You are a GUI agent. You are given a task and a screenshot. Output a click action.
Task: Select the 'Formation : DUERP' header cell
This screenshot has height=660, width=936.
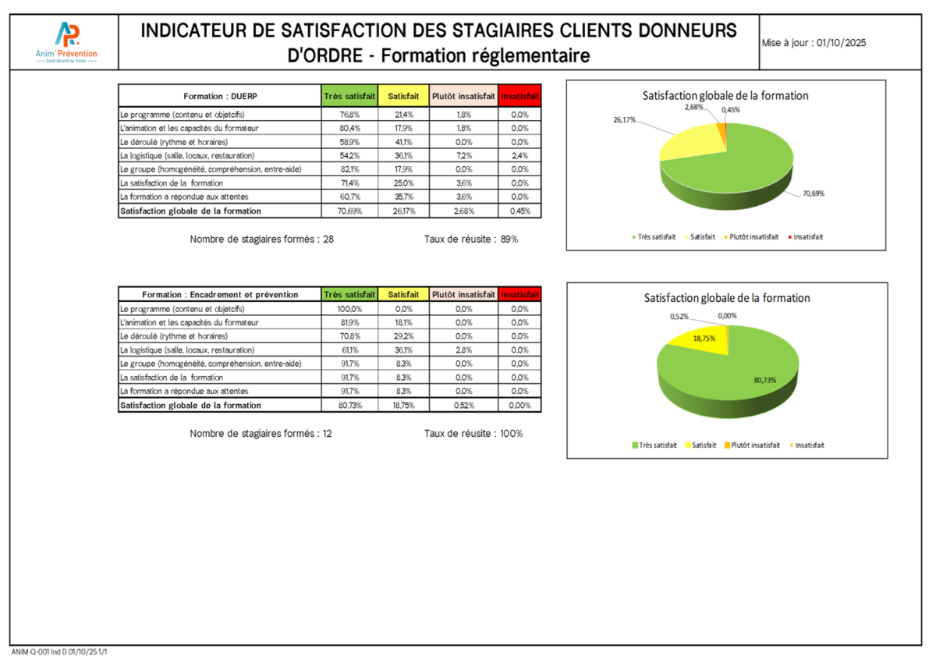pos(219,97)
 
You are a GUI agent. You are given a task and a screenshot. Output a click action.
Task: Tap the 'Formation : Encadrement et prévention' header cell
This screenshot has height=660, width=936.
pos(219,295)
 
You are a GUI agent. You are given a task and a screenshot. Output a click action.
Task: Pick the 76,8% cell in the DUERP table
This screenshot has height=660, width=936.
pos(349,115)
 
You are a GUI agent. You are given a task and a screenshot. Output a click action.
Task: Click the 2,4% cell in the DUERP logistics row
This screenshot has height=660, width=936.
pos(519,155)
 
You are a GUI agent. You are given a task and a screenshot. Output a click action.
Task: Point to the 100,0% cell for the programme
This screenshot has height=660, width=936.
pos(349,309)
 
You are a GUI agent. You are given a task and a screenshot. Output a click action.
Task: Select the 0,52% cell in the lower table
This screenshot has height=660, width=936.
pos(463,406)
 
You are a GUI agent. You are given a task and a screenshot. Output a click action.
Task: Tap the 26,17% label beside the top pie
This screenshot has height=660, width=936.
pos(624,120)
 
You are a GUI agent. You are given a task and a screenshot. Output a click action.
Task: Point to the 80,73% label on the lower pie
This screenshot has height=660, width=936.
pos(765,380)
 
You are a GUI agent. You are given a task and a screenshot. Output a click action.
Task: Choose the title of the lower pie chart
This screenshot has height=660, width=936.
pos(727,298)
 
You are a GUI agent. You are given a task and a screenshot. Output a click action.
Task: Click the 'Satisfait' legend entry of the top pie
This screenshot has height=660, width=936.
pos(703,236)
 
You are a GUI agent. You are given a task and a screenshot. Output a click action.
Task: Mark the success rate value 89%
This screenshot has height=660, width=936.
pos(509,239)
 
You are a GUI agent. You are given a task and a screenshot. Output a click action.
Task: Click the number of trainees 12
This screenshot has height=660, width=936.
pos(327,434)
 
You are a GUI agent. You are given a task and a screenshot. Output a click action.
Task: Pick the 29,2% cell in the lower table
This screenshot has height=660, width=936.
pos(403,336)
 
